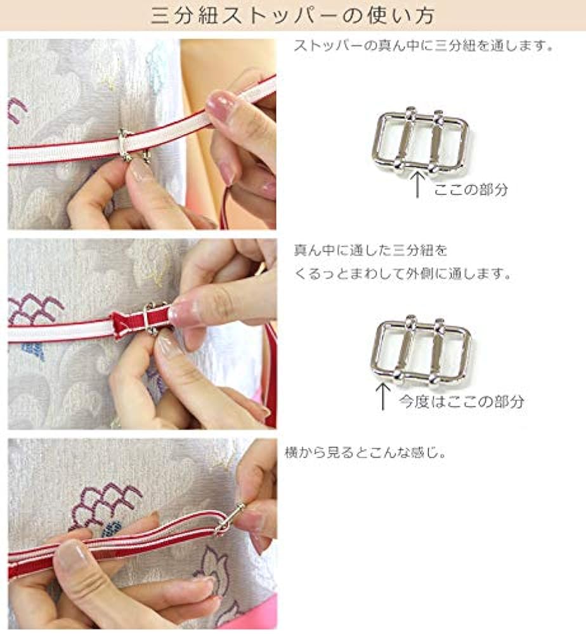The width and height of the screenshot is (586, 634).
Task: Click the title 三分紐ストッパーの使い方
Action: pyautogui.click(x=293, y=15)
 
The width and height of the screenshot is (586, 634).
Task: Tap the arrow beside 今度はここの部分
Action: pyautogui.click(x=382, y=397)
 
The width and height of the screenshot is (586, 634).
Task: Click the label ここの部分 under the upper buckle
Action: pyautogui.click(x=471, y=189)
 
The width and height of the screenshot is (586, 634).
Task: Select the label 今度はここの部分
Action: pyautogui.click(x=462, y=401)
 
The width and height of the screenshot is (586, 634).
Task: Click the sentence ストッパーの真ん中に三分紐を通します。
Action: pyautogui.click(x=424, y=45)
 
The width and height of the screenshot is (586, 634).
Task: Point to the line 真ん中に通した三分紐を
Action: pyautogui.click(x=370, y=250)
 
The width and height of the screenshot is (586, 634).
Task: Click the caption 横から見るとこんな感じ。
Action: pyautogui.click(x=365, y=453)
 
